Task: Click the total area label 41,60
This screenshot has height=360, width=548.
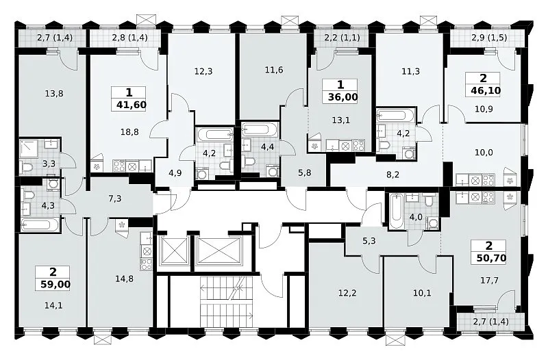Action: point(129,105)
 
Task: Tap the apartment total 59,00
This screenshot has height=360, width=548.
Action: point(55,285)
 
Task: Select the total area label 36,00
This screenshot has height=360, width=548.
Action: point(343,97)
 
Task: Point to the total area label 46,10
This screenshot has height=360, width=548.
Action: point(486,91)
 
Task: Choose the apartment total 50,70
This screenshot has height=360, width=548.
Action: point(491,259)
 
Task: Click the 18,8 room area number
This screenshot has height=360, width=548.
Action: point(129,131)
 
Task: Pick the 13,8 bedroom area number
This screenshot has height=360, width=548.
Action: point(54,93)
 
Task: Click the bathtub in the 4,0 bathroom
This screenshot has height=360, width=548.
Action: point(396,211)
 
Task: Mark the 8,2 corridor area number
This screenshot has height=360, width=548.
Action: point(393,175)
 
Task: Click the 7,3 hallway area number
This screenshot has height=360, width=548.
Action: point(115,198)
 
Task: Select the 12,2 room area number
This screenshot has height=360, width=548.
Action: point(347,293)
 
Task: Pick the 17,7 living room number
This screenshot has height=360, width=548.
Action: point(489,280)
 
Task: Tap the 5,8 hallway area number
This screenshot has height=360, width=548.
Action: point(305,173)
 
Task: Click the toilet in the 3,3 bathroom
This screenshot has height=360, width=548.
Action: point(27,168)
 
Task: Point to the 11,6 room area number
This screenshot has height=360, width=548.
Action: point(274,70)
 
